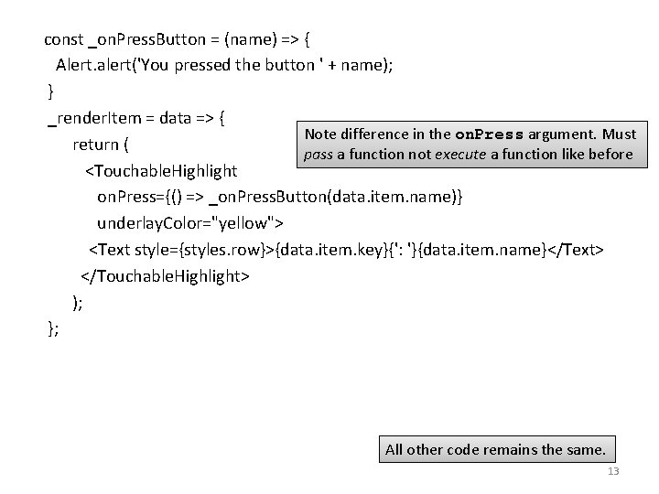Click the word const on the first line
64,39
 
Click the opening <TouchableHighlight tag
161,171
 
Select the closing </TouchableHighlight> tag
165,275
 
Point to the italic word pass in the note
319,155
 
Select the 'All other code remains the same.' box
495,449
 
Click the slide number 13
612,472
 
